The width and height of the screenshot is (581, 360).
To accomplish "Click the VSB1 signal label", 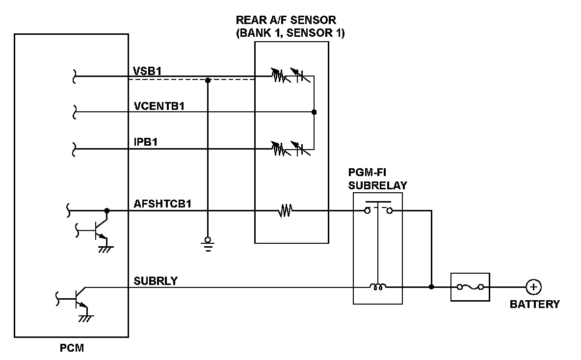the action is (x=147, y=71).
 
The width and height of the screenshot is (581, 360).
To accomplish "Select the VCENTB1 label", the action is (x=159, y=106).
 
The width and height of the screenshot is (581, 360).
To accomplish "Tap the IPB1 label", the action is (x=146, y=142).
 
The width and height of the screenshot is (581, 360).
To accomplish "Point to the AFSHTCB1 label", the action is (x=162, y=204).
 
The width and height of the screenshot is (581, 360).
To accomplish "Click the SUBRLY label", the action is (x=156, y=281).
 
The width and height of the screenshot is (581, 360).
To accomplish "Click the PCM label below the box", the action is (x=72, y=348).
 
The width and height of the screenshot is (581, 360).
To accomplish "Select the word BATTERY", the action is (x=535, y=304).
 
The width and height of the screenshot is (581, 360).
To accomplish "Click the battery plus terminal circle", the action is (x=533, y=287).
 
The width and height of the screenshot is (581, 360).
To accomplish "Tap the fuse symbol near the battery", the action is (x=470, y=287).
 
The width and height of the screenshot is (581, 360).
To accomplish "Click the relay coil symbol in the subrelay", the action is (x=377, y=286).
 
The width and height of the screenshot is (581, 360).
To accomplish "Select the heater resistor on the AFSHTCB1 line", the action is (x=285, y=211).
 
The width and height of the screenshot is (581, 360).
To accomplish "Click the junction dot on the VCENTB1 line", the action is (x=314, y=112).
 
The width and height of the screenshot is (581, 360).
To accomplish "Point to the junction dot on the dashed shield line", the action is (x=208, y=80).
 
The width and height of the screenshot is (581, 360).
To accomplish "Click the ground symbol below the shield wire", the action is (x=208, y=244).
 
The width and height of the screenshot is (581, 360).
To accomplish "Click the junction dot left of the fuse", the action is (x=431, y=287).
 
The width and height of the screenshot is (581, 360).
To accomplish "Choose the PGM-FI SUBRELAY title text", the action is (x=377, y=179).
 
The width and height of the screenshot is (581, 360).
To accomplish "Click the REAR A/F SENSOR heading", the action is (x=290, y=26).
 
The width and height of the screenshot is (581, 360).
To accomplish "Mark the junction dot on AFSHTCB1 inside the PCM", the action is (x=106, y=211).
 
